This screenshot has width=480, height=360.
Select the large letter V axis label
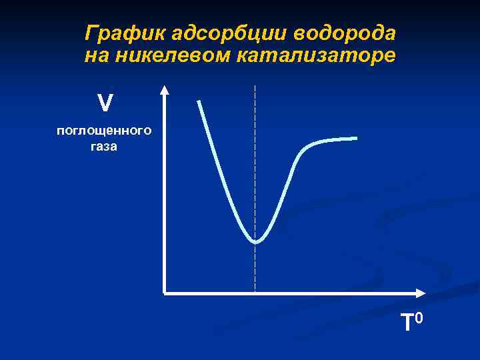pos(105,103)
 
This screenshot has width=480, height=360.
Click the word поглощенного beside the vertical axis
pos(104,131)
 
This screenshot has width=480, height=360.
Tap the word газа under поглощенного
pos(104,147)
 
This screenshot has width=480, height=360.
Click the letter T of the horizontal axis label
pos(407,323)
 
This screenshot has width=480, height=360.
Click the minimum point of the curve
pos(255,241)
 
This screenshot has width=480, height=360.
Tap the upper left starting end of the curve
pos(199,102)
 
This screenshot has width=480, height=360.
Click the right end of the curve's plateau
pos(355,138)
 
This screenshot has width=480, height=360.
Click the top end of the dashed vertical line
pos(255,87)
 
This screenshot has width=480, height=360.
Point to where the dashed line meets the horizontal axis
pos(255,293)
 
